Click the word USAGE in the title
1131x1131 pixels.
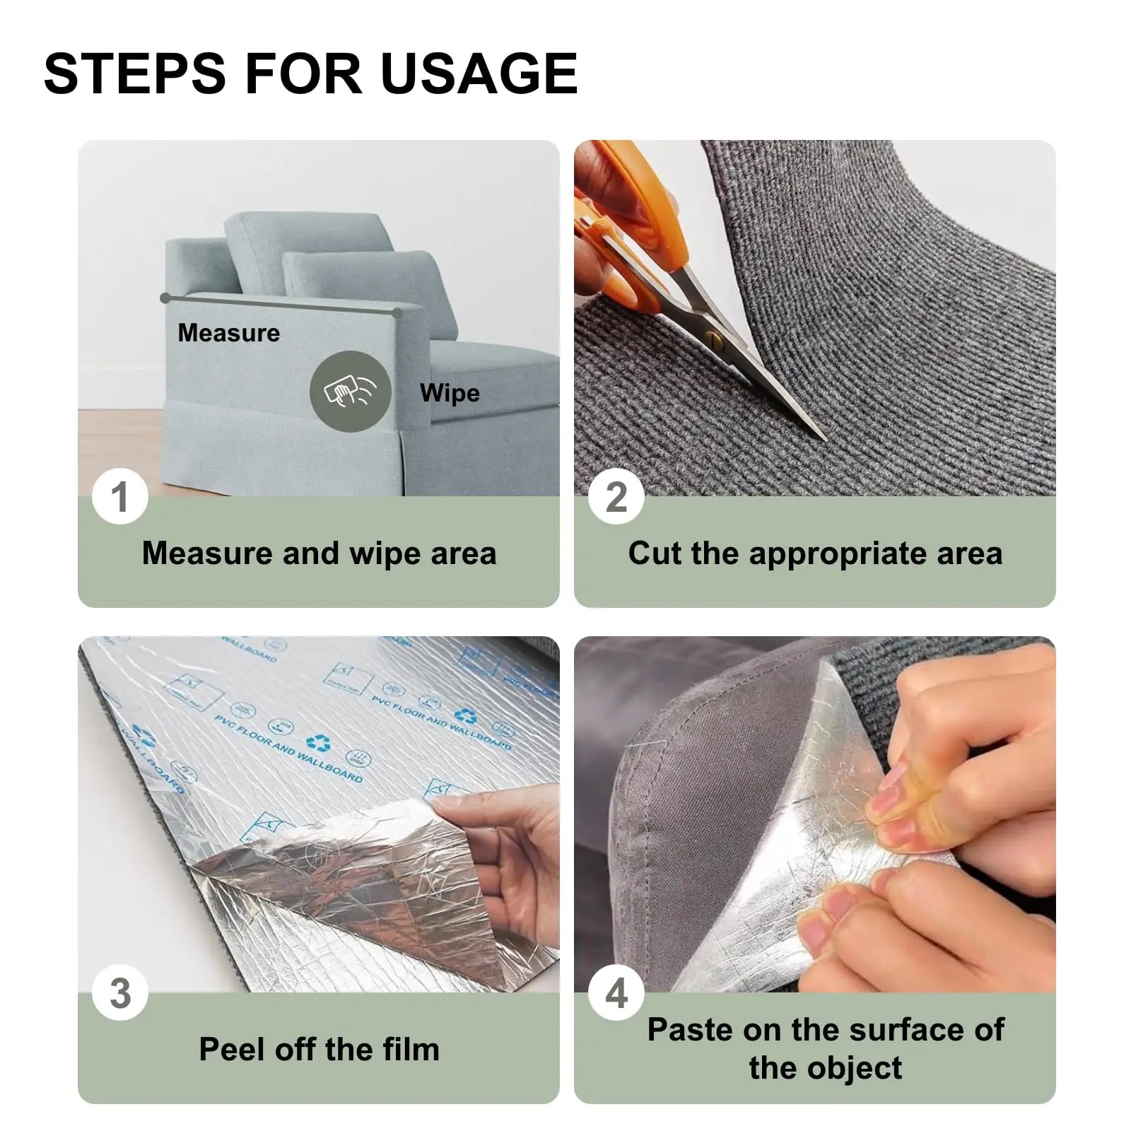[479, 73]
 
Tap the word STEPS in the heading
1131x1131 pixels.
[134, 73]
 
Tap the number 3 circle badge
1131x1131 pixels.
[120, 993]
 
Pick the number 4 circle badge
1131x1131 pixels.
[616, 993]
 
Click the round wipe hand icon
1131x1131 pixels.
[350, 391]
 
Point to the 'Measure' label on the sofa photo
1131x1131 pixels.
[228, 333]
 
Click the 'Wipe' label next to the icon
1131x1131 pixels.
[450, 393]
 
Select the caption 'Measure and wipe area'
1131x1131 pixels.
[319, 553]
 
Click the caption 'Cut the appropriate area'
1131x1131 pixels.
[815, 553]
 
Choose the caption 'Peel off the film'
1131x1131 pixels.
[319, 1049]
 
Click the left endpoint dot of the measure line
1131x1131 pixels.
[165, 298]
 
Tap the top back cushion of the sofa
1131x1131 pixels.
[311, 240]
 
